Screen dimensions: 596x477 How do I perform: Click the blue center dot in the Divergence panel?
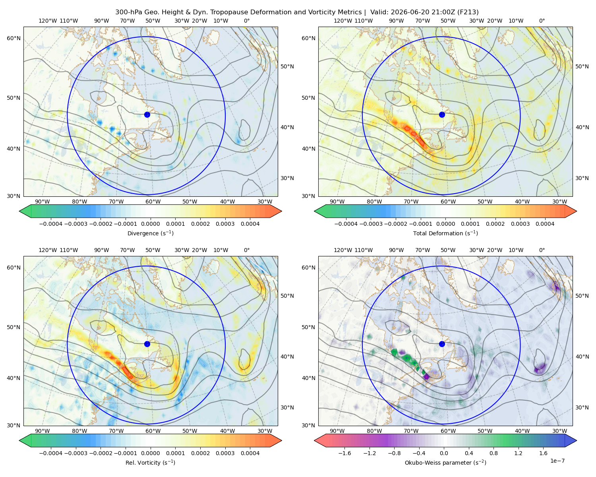tap(147, 114)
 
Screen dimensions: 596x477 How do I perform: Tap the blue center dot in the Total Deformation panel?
tap(442, 114)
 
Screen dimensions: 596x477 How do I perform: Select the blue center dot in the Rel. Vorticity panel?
tap(147, 344)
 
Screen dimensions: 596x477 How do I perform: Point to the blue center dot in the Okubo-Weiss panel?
tap(442, 344)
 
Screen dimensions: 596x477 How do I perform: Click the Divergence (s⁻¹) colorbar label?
tap(150, 233)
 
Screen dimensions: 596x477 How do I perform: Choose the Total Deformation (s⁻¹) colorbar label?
tap(445, 233)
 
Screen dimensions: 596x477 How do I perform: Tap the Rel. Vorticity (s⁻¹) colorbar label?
tap(150, 463)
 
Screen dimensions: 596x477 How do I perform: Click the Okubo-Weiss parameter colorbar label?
tap(445, 463)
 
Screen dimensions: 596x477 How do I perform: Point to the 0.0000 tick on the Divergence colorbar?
tap(150, 224)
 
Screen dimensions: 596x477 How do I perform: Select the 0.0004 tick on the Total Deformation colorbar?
tap(545, 224)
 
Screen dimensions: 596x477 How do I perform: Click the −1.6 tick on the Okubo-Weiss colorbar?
tap(344, 453)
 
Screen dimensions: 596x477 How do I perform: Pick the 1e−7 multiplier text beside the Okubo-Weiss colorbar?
tap(557, 461)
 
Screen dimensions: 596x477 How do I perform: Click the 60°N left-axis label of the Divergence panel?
tap(14, 38)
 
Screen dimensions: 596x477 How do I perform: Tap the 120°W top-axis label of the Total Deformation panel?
tap(343, 21)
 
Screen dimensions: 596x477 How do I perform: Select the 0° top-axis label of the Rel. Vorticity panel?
tap(247, 250)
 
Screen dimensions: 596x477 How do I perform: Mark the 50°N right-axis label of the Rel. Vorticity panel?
tap(287, 296)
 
